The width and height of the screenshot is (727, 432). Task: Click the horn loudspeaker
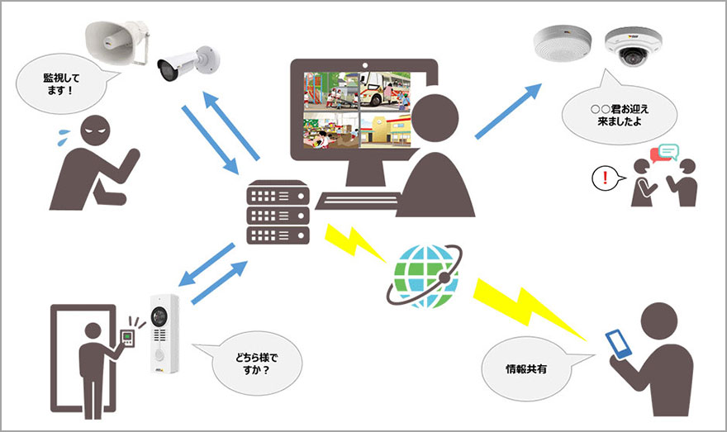(115, 38)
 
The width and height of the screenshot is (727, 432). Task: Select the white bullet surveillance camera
(188, 63)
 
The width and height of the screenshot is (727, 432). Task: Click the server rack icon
(277, 213)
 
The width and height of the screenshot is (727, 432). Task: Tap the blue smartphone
(618, 344)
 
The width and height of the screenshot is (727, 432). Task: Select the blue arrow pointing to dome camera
(509, 112)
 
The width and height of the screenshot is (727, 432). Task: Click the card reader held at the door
(127, 336)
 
